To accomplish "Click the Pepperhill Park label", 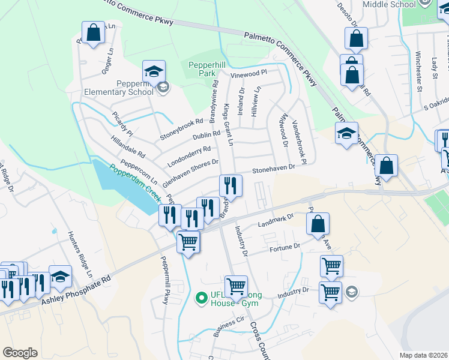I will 201,68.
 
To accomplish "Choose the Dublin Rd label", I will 206,135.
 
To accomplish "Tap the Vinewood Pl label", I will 248,75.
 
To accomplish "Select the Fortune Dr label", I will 285,247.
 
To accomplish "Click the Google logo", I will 20,353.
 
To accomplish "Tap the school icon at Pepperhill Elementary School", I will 154,72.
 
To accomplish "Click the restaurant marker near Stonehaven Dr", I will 231,185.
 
